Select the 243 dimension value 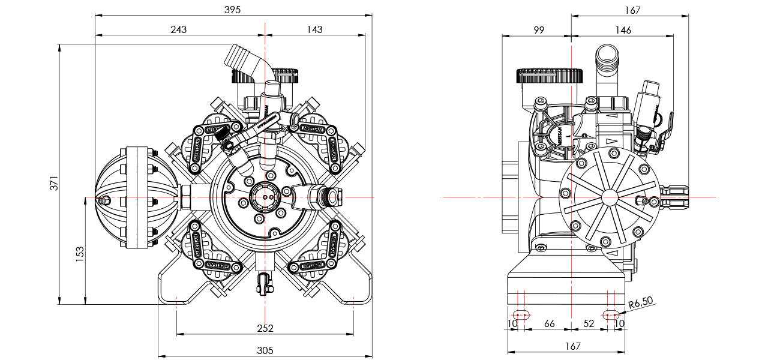(x=178, y=29)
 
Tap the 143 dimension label (x=314, y=29)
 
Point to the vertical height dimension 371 (x=53, y=183)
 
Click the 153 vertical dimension (x=80, y=252)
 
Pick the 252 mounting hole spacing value (x=265, y=328)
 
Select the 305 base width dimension (x=265, y=350)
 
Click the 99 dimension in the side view (x=538, y=29)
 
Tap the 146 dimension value (x=623, y=29)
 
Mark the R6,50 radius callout (x=641, y=304)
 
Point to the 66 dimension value (x=549, y=323)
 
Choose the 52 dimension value (x=589, y=323)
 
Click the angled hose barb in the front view (x=243, y=60)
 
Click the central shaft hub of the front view (x=264, y=197)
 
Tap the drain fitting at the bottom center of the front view (x=264, y=282)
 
